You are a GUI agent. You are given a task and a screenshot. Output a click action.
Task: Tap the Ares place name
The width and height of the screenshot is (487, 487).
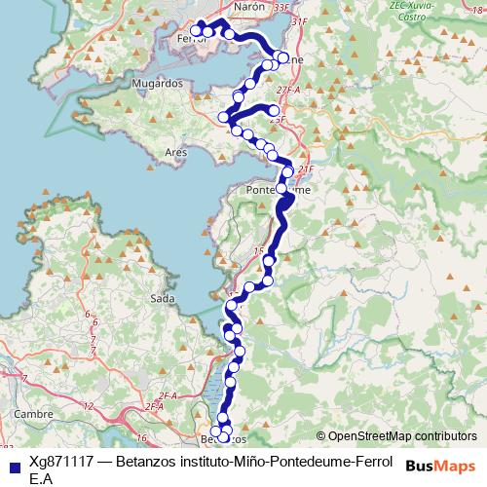pyautogui.click(x=176, y=153)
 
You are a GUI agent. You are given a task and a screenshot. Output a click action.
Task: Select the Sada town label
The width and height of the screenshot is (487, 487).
pyautogui.click(x=163, y=298)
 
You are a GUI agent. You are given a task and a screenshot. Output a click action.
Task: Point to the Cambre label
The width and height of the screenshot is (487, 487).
pyautogui.click(x=33, y=414)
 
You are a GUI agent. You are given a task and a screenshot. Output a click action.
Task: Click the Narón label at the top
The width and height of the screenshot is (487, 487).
pyautogui.click(x=249, y=6)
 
